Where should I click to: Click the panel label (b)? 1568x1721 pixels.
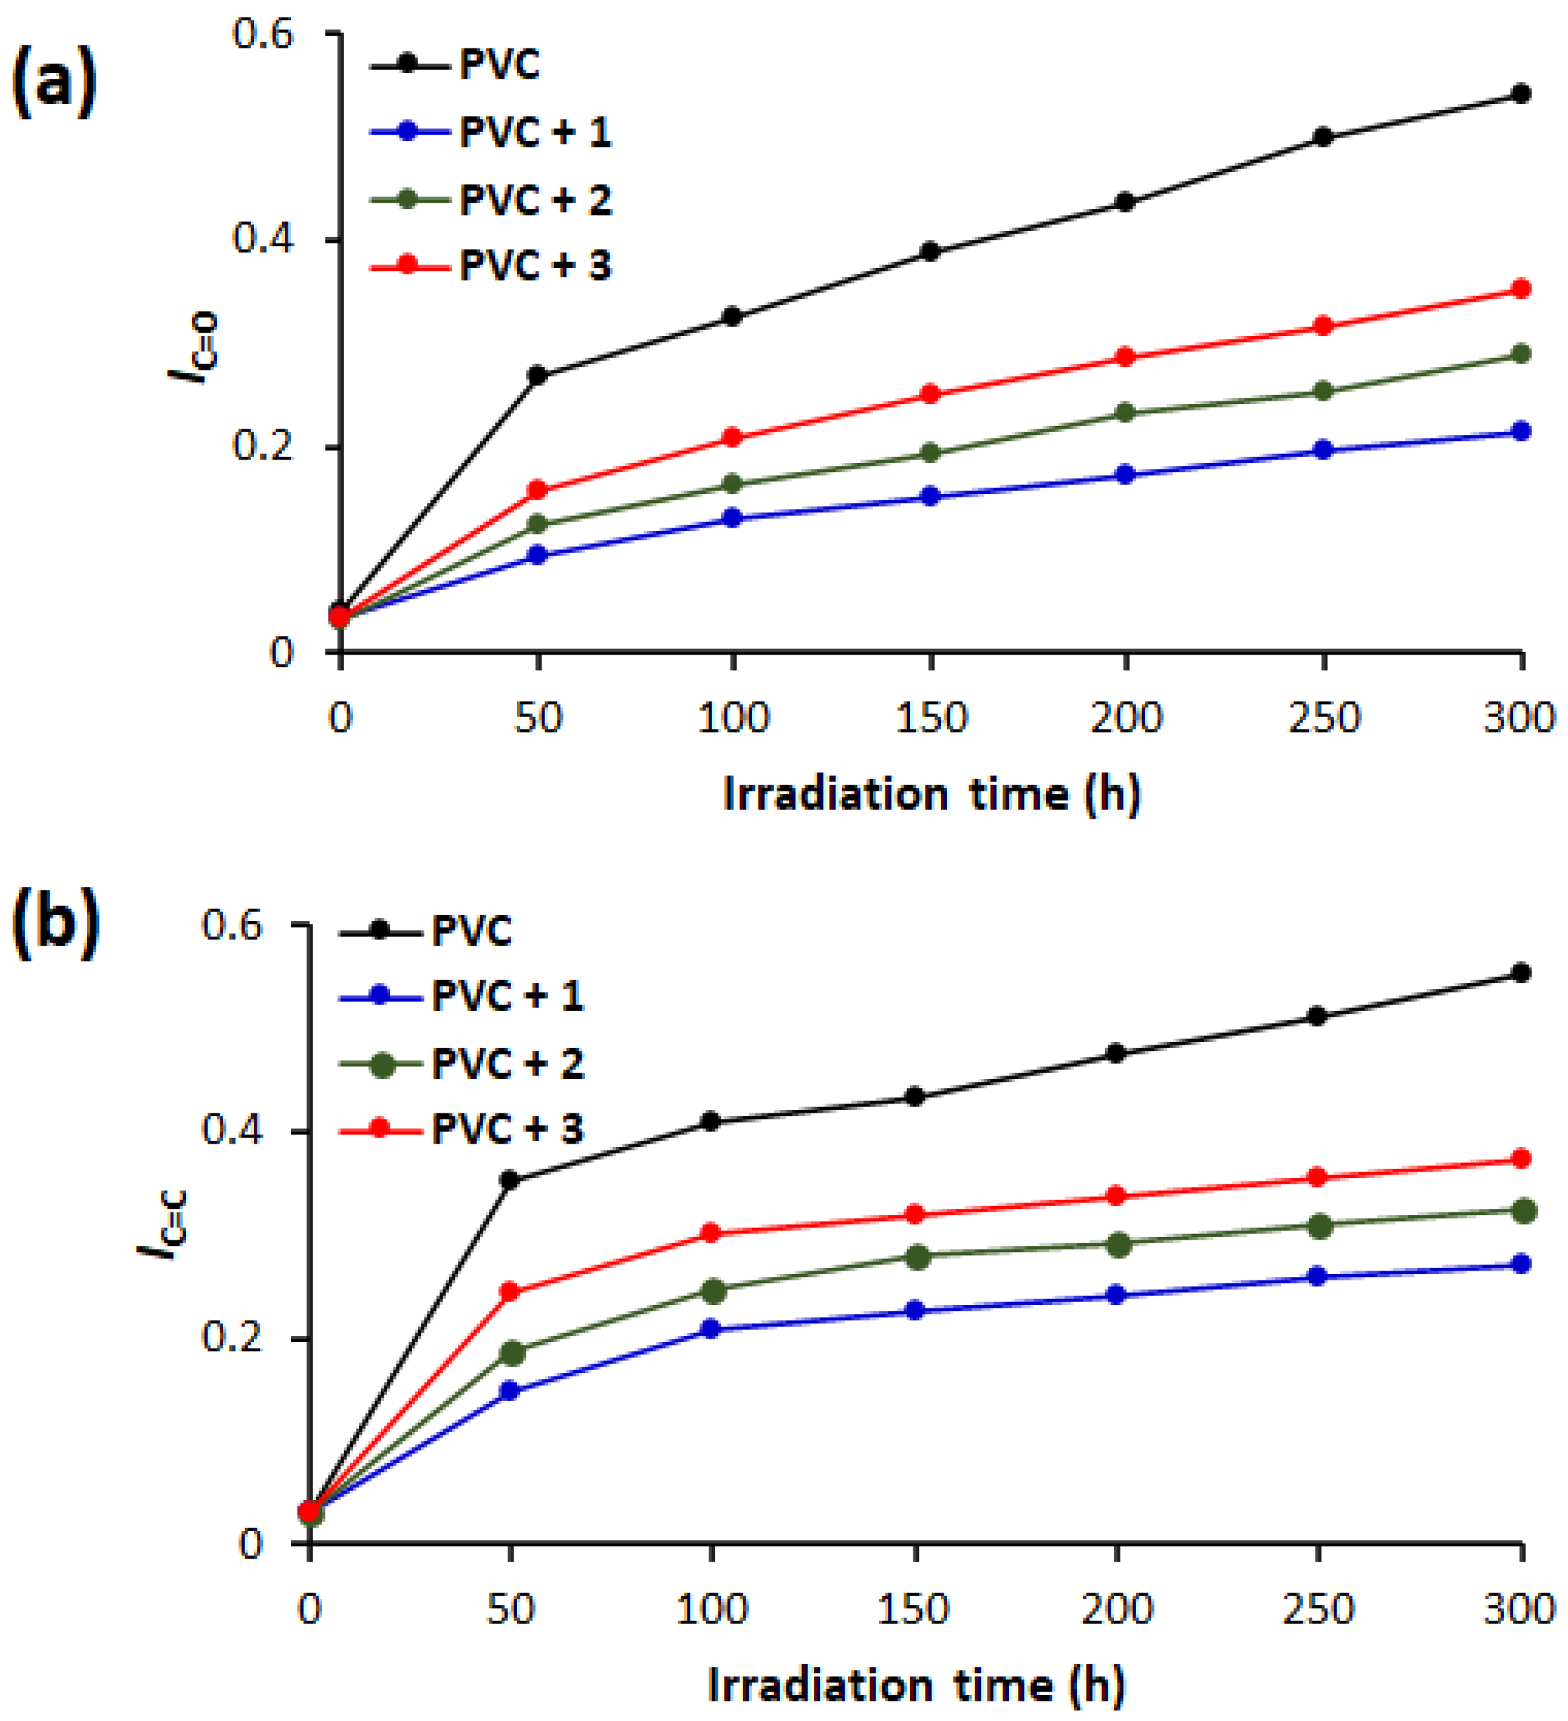click(x=55, y=925)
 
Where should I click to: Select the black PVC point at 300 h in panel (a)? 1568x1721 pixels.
click(x=1520, y=94)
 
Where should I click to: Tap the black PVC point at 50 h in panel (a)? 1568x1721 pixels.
click(x=537, y=375)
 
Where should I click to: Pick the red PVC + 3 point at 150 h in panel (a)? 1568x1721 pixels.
click(x=930, y=394)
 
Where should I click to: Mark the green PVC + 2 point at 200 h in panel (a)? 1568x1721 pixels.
click(x=1126, y=413)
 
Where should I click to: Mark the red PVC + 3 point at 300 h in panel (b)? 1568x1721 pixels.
click(x=1520, y=1159)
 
